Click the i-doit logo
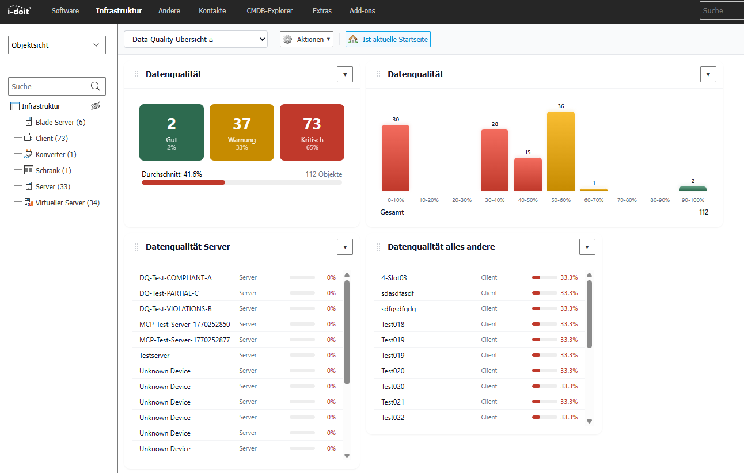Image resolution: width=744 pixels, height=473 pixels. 19,10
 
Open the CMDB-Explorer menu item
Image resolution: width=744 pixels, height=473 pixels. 269,11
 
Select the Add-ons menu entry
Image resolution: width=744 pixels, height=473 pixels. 362,11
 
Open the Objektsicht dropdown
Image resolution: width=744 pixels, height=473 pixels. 56,45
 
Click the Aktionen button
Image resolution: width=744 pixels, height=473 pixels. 306,39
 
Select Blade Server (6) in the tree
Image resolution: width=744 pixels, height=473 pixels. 60,122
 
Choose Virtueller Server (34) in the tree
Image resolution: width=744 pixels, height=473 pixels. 67,203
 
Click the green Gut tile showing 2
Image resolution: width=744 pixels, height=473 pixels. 172,132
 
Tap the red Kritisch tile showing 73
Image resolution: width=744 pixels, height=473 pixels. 312,132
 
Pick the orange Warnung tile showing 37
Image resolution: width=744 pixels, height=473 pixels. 241,132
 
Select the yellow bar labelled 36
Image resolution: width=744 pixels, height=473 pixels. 560,151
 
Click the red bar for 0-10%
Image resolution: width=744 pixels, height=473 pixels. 395,158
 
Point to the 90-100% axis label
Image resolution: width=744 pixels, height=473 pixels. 692,200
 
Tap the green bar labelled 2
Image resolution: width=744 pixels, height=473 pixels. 692,188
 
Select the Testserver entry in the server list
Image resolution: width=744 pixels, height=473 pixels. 154,356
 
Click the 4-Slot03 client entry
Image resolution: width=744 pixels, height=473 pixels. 394,277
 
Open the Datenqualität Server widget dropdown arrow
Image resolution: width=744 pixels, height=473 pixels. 344,247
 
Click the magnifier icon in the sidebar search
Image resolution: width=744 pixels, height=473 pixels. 96,86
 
